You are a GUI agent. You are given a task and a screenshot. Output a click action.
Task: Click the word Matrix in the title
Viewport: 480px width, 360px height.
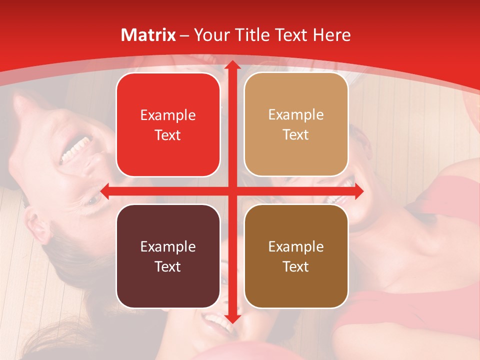point(148,35)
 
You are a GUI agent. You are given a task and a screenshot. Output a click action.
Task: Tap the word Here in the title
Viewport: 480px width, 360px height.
point(332,35)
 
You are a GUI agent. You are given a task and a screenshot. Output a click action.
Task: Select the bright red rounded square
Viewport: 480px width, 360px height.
point(168,125)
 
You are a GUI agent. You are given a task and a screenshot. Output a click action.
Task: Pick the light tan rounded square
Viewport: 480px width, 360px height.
point(296,125)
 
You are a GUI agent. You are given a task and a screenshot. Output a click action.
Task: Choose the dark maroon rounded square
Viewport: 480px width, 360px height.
point(168,256)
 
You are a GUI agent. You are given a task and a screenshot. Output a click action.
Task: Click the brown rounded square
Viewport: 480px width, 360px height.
point(296,256)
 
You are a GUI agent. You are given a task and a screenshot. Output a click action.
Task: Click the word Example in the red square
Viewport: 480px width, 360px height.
point(168,115)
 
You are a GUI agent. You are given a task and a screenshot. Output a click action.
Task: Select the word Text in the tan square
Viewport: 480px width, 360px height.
point(296,135)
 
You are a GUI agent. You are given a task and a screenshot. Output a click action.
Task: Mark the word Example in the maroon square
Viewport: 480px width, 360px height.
point(168,246)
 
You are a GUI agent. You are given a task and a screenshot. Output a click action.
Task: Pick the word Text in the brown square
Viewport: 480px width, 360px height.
point(296,266)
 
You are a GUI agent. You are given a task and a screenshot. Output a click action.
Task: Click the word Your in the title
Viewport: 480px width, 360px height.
point(210,35)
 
